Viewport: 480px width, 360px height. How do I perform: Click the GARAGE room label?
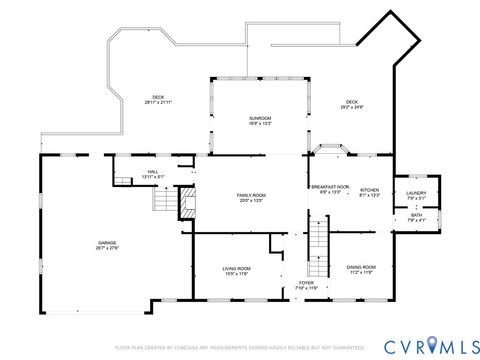[106, 244]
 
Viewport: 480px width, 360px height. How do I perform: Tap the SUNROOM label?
[260, 118]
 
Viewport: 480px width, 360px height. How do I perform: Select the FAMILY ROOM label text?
[251, 195]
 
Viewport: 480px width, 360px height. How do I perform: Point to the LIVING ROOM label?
[236, 268]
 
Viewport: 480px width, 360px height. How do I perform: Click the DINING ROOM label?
[361, 267]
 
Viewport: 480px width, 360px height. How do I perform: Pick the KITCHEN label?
[369, 189]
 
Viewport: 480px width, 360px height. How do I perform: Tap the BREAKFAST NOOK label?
[329, 187]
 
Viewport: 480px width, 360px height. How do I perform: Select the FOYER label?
[306, 284]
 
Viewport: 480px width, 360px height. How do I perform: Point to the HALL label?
[153, 172]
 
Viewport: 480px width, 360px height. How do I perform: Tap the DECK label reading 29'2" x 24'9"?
[352, 101]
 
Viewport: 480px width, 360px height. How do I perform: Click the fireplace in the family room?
[185, 205]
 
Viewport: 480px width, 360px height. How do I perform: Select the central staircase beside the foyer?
[318, 240]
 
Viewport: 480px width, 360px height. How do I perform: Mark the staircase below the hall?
[163, 204]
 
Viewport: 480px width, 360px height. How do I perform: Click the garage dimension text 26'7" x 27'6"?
[106, 249]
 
